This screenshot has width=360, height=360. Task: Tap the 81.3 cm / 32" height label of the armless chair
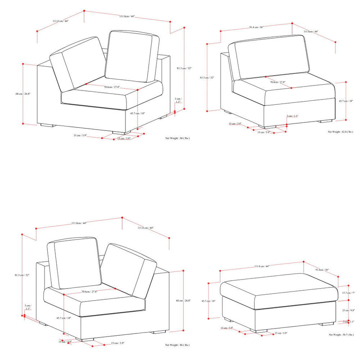click(207, 78)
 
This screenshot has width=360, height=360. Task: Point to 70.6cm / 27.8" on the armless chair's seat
click(278, 82)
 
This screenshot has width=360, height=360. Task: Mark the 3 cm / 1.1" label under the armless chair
click(293, 117)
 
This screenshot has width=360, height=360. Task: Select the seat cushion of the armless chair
click(283, 89)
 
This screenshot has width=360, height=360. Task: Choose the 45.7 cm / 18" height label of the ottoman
click(208, 301)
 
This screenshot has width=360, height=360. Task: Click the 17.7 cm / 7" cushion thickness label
click(348, 293)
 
